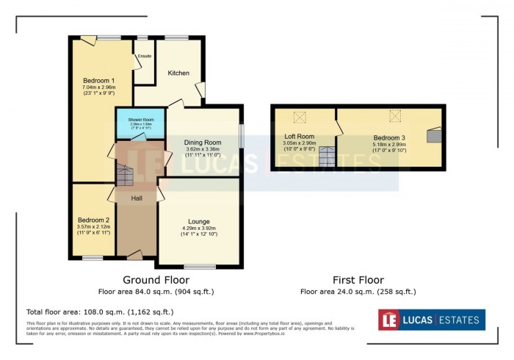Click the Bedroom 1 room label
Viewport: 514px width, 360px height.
(x=98, y=79)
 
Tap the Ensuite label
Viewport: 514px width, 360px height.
(x=144, y=56)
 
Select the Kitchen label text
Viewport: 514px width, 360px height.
(x=178, y=73)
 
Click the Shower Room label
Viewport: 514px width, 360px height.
(x=140, y=119)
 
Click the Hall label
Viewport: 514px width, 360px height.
(x=137, y=198)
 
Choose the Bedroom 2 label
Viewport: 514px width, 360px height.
(x=93, y=220)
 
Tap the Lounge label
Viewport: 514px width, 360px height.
(x=199, y=221)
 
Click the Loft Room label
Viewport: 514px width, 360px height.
(x=300, y=136)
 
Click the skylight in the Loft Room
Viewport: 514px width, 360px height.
(x=300, y=117)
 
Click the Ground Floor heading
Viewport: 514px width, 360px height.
(x=156, y=280)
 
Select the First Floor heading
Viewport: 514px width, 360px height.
(x=352, y=280)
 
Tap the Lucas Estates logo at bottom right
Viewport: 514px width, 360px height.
(x=431, y=320)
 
